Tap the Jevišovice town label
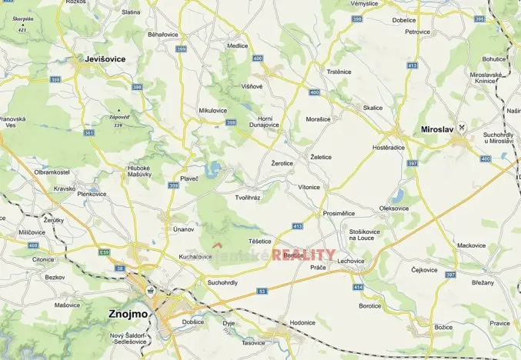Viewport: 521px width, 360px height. [105, 58]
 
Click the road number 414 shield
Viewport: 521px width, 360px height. [358, 287]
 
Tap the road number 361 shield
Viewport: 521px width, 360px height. [90, 133]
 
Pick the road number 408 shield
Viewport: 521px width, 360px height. [32, 245]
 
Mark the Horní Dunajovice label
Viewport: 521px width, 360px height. [265, 121]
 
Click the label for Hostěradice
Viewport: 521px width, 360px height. [394, 146]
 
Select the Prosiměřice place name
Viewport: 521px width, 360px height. [339, 213]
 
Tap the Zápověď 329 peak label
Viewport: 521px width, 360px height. [118, 119]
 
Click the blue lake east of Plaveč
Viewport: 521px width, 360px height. [215, 167]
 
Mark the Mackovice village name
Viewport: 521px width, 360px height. [471, 245]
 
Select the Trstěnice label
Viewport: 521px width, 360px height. [339, 72]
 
